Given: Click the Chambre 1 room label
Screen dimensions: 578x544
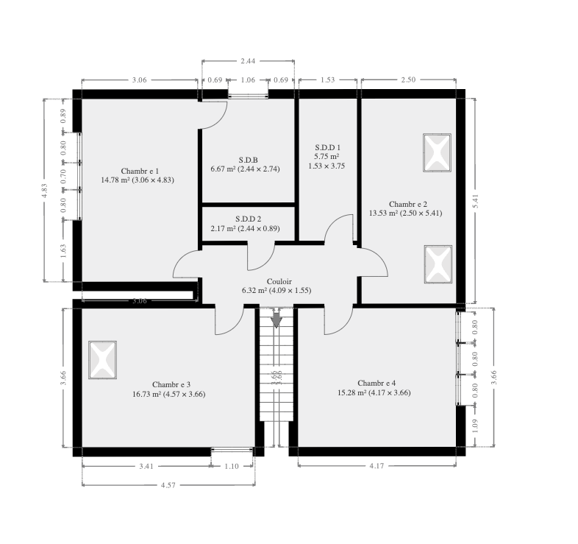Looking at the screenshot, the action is pyautogui.click(x=140, y=172).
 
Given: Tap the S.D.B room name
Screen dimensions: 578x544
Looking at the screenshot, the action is pyautogui.click(x=248, y=160).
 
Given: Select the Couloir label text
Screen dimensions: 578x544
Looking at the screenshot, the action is pyautogui.click(x=279, y=282).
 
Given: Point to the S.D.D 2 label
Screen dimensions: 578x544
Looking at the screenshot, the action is pyautogui.click(x=248, y=219).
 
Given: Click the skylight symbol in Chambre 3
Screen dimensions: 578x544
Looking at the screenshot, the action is pyautogui.click(x=102, y=360).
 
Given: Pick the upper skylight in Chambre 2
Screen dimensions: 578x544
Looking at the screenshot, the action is pyautogui.click(x=438, y=152).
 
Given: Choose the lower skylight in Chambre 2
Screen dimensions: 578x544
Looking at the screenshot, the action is pyautogui.click(x=438, y=264).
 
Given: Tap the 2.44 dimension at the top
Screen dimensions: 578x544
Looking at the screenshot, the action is pyautogui.click(x=248, y=61).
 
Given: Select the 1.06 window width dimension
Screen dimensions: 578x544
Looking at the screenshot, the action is pyautogui.click(x=248, y=80).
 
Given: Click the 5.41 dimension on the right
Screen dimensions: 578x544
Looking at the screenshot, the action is pyautogui.click(x=476, y=201).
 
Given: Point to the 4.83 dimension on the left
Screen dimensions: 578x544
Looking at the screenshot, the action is pyautogui.click(x=44, y=191).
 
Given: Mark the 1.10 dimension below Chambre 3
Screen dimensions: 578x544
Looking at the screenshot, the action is pyautogui.click(x=232, y=466).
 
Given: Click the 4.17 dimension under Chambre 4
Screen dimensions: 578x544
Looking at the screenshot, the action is pyautogui.click(x=377, y=466).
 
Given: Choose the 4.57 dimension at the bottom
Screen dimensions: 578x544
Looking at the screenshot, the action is pyautogui.click(x=168, y=485).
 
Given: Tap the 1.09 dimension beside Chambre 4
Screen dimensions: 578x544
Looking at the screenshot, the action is pyautogui.click(x=475, y=425).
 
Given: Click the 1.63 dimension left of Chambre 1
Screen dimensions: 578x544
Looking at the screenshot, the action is pyautogui.click(x=63, y=251).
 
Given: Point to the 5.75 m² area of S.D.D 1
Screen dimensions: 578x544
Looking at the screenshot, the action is pyautogui.click(x=327, y=157).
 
